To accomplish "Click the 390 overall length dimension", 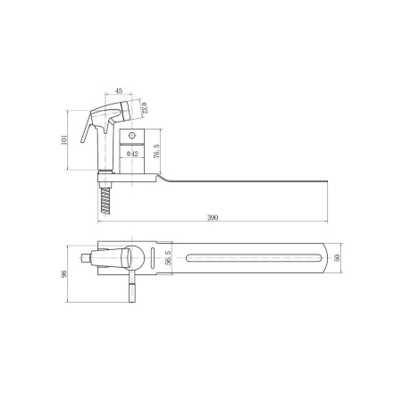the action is tap(213, 217).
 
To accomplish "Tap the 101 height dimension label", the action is tap(64, 140).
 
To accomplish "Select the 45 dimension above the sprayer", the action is tap(119, 91).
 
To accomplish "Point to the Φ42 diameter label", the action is tap(132, 154).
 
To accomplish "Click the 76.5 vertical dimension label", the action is tap(157, 151).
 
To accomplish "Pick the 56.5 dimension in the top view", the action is tap(168, 257).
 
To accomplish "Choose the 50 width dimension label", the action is tap(337, 257).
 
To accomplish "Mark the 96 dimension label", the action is tap(64, 273).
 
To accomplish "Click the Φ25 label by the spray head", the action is tap(145, 108).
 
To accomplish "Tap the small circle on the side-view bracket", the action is tap(132, 136).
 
